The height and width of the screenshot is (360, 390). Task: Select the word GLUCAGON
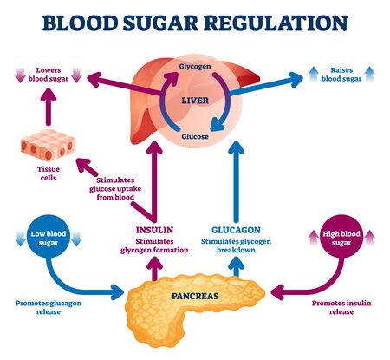point(236,231)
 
